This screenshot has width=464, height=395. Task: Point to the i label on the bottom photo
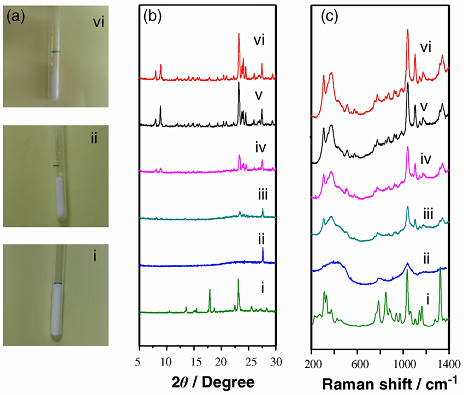94,254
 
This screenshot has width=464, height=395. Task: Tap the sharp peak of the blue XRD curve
263,249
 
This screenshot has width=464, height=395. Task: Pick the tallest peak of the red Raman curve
407,31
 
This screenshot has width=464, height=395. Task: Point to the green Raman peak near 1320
440,270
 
